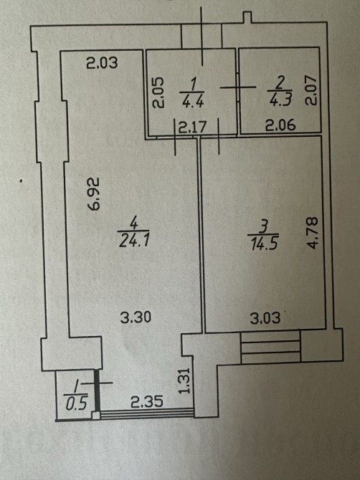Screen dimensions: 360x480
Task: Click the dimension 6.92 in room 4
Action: coord(94,193)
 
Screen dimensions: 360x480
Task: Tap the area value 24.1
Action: coord(134,241)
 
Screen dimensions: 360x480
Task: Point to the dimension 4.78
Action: coord(313,233)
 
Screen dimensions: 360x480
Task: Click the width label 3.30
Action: coord(136,317)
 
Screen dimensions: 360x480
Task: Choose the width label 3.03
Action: coord(265,318)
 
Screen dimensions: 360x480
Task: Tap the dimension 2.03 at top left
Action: coord(102,63)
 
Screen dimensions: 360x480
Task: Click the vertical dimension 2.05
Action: coord(158,92)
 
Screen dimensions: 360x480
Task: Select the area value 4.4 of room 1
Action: coord(192,101)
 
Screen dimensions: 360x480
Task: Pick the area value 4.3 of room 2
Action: coord(280,100)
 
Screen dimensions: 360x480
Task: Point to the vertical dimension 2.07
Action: coord(310,90)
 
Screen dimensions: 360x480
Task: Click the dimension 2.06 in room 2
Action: coord(280,125)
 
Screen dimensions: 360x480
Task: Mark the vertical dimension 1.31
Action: coord(185,380)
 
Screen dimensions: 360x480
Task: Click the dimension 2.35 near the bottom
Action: coord(147,402)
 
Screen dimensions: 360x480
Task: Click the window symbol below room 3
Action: coord(270,347)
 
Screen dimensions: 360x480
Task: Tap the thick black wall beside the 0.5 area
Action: coord(97,391)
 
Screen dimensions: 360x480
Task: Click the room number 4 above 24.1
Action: coord(133,223)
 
